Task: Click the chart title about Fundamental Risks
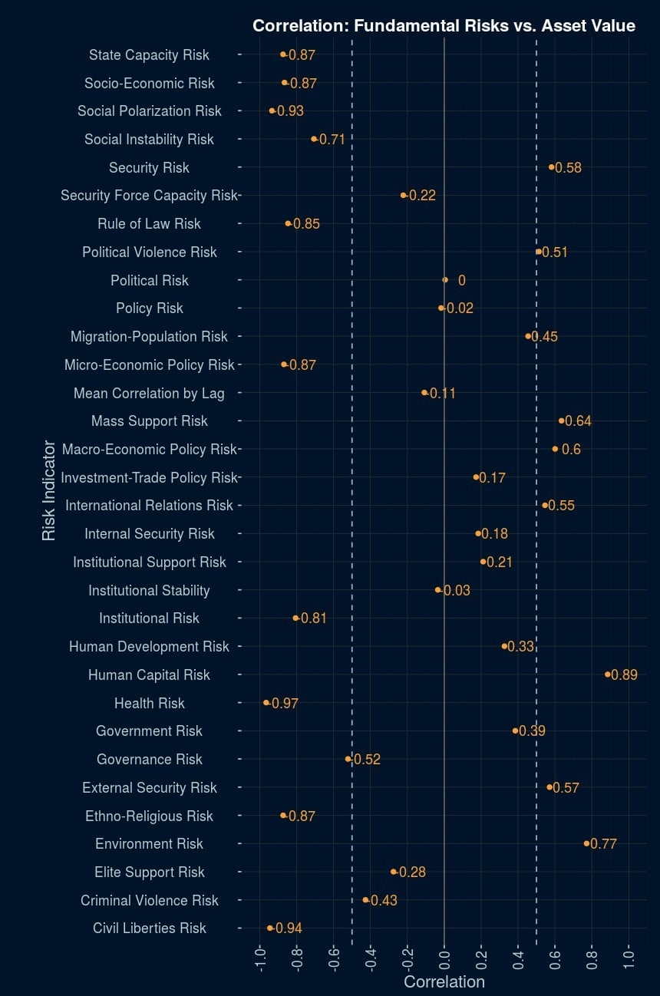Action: [444, 26]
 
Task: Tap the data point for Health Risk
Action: [266, 702]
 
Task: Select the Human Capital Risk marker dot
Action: [607, 674]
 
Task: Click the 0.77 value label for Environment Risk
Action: [603, 844]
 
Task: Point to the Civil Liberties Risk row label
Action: [150, 928]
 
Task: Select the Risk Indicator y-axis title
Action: [49, 490]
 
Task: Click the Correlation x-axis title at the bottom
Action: [444, 982]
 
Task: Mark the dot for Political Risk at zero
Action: [444, 280]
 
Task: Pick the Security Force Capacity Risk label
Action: [149, 196]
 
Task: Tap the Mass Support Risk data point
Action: [562, 420]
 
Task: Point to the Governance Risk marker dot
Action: [348, 759]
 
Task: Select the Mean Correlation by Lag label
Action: [149, 394]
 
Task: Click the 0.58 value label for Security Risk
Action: [568, 168]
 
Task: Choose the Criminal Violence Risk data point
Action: [365, 899]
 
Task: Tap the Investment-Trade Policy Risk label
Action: [149, 478]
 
